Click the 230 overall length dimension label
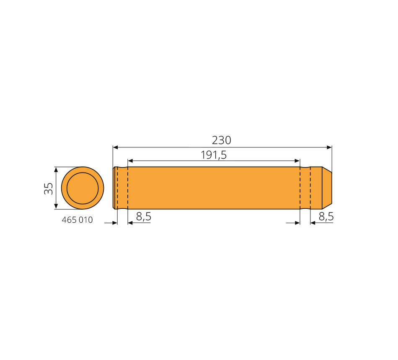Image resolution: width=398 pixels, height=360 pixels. [221, 140]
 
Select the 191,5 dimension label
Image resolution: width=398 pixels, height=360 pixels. [214, 155]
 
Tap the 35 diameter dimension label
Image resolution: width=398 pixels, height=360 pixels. [49, 188]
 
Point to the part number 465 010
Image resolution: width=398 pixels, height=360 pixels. [77, 220]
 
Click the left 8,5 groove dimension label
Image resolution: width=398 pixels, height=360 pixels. [144, 216]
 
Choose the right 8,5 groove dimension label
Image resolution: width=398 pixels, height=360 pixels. [326, 216]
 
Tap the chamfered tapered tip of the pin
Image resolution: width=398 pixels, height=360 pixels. [327, 188]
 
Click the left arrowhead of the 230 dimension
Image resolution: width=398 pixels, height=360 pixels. [116, 147]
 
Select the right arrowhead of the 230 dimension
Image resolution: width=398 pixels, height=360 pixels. [329, 147]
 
